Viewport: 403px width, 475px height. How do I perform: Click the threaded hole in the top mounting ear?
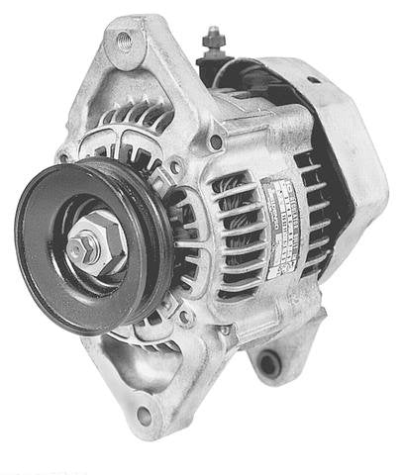click(124, 42)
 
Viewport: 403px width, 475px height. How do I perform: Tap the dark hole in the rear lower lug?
click(266, 363)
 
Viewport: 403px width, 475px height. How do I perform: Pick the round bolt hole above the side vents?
click(215, 142)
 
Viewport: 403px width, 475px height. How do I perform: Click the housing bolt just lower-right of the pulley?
click(182, 314)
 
